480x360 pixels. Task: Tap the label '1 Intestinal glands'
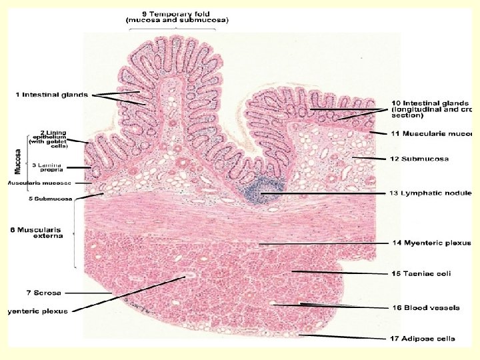pos(51,95)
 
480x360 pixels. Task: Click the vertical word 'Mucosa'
pos(17,161)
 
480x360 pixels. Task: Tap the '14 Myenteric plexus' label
pos(430,244)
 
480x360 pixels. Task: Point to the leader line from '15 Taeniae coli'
pos(337,273)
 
